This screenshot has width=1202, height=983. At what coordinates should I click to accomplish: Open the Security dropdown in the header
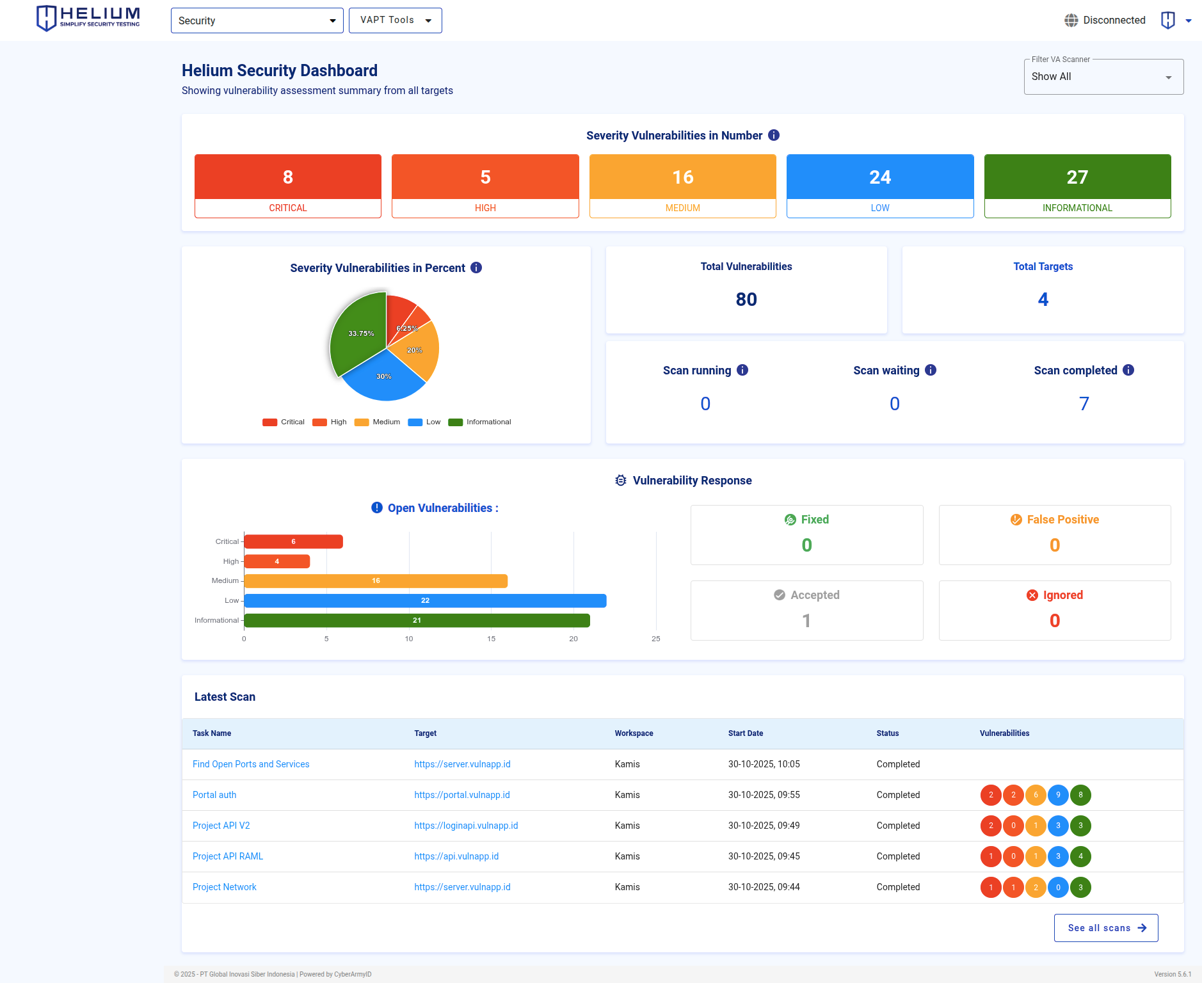(x=257, y=20)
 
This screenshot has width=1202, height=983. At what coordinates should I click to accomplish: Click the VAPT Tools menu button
(x=395, y=20)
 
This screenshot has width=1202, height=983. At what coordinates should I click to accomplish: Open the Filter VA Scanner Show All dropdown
(x=1103, y=77)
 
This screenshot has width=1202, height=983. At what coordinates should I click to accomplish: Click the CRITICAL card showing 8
(x=288, y=186)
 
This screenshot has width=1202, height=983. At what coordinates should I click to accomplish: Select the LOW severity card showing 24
(x=879, y=186)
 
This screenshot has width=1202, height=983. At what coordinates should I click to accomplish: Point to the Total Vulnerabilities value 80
(x=746, y=300)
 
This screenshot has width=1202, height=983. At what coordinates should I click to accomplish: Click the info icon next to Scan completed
(x=1128, y=370)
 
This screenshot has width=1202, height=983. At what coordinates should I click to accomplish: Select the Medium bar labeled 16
(x=376, y=581)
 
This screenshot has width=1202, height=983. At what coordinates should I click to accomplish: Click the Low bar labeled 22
(x=425, y=601)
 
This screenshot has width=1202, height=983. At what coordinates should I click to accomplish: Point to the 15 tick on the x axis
(x=491, y=639)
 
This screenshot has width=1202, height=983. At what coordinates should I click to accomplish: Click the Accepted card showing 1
(x=806, y=610)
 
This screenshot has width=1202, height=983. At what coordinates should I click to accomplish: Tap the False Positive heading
(x=1062, y=520)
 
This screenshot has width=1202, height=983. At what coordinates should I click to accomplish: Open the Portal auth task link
(x=214, y=795)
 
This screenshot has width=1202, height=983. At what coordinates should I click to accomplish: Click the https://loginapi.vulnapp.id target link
(x=466, y=826)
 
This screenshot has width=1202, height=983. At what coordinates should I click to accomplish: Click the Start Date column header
(x=746, y=733)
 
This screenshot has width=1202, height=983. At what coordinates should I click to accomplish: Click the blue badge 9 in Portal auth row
(x=1058, y=795)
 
